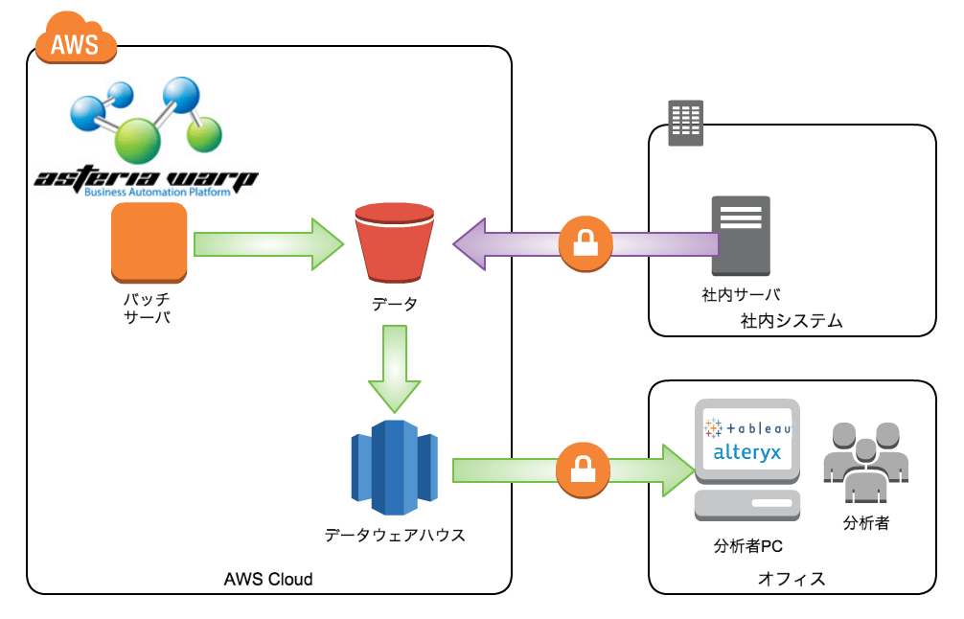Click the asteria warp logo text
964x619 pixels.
point(145,179)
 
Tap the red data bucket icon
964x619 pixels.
point(394,244)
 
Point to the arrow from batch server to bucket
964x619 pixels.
point(267,245)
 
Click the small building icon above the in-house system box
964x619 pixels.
point(685,124)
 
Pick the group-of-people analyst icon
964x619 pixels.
point(865,459)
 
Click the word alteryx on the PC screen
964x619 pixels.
point(746,451)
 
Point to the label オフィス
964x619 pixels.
point(791,579)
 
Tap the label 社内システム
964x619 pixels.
point(792,321)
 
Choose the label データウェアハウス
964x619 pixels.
point(394,535)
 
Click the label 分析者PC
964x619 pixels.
point(748,547)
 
